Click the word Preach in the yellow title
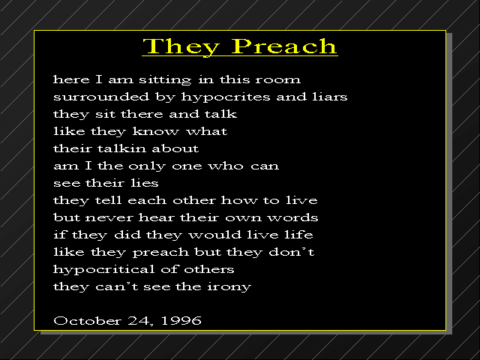tap(283, 46)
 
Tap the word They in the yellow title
tap(181, 47)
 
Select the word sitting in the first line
tap(165, 80)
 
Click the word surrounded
tap(101, 97)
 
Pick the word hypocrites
tap(226, 97)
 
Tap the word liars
tap(330, 97)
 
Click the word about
tap(175, 148)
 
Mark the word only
tap(147, 166)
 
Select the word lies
tap(145, 183)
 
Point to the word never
tap(109, 218)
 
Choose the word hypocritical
tap(103, 270)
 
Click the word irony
tap(229, 287)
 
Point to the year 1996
tap(181, 321)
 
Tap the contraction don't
tap(292, 252)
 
